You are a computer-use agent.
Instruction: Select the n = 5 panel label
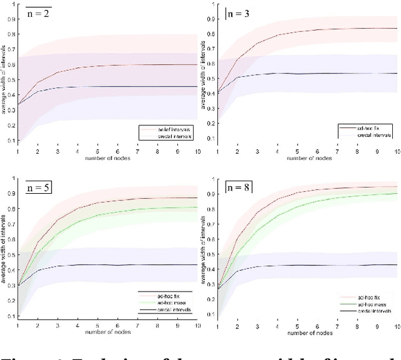[x=39, y=186]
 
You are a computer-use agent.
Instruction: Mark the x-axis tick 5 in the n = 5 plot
[x=97, y=325]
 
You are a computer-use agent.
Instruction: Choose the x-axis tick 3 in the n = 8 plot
[x=256, y=325]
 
